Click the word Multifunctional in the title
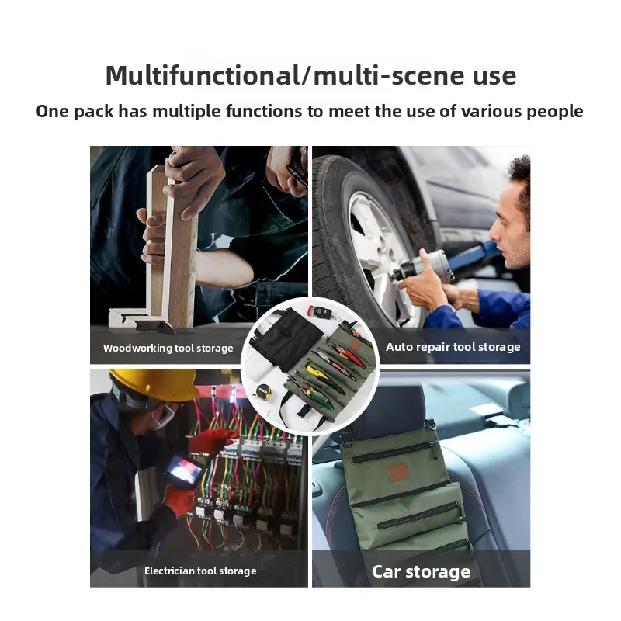point(201,75)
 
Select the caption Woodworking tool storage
point(168,349)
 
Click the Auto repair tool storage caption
point(453,347)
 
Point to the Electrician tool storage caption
point(199,571)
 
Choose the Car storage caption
point(421,572)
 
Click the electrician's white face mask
point(165,417)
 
